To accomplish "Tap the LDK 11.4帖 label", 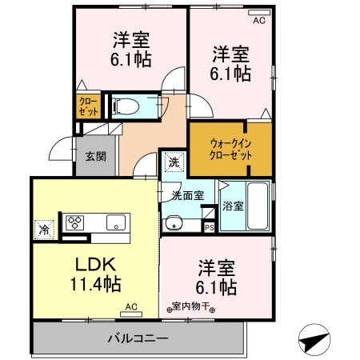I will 98,273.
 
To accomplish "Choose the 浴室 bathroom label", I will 234,206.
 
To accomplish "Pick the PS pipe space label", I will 209,227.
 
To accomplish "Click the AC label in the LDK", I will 130,306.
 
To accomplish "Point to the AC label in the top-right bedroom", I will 258,22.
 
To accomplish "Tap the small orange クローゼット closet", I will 88,107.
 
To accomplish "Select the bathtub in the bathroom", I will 257,206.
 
